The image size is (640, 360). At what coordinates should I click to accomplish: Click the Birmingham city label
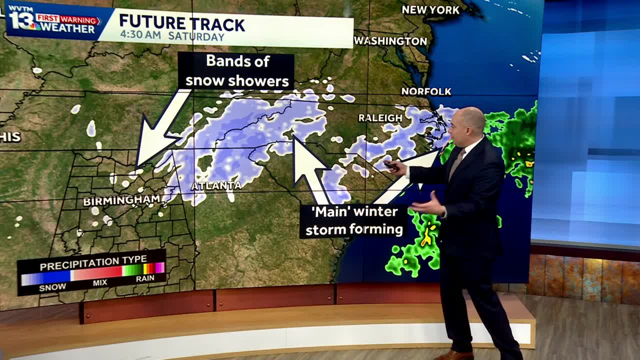click(121, 201)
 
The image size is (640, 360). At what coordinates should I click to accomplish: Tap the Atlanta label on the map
click(216, 186)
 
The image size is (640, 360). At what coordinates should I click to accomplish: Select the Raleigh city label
click(380, 118)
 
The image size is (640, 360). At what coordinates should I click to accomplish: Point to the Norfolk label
click(426, 91)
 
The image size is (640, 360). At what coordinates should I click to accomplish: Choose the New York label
click(430, 10)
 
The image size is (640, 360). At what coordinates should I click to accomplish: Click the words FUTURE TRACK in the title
click(182, 23)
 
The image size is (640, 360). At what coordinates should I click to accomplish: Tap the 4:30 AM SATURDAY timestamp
click(172, 36)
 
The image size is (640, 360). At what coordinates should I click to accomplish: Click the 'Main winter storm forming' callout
click(354, 220)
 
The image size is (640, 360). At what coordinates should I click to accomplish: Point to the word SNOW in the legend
click(52, 287)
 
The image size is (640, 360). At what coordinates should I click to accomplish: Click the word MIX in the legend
click(100, 283)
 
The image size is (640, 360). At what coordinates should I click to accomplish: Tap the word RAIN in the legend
click(145, 278)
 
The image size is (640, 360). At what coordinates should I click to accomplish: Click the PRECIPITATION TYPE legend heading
click(93, 261)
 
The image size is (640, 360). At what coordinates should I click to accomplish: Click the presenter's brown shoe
click(453, 355)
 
